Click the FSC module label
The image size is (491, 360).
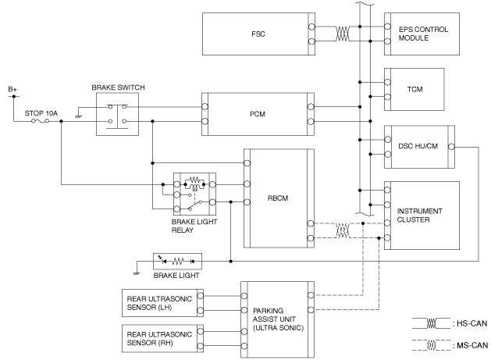[258, 34]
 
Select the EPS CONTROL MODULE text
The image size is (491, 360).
[423, 34]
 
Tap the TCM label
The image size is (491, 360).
[415, 89]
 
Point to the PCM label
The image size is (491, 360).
[258, 114]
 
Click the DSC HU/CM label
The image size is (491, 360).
[418, 146]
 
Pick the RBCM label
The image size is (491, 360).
[278, 198]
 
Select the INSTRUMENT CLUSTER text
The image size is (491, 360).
[420, 216]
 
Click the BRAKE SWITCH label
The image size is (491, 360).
[118, 87]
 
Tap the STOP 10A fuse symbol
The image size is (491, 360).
[41, 121]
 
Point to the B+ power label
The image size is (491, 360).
[12, 89]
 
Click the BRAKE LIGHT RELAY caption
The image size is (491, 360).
[194, 226]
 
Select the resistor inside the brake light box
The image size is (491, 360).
[177, 261]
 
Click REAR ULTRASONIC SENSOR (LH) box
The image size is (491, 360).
[162, 303]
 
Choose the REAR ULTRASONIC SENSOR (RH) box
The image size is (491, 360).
[162, 338]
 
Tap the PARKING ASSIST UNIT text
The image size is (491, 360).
[278, 319]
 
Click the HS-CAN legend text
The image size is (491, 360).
[470, 323]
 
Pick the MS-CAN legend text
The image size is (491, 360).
[470, 345]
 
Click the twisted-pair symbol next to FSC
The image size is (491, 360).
[343, 34]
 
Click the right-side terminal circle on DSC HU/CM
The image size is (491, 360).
[451, 147]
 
